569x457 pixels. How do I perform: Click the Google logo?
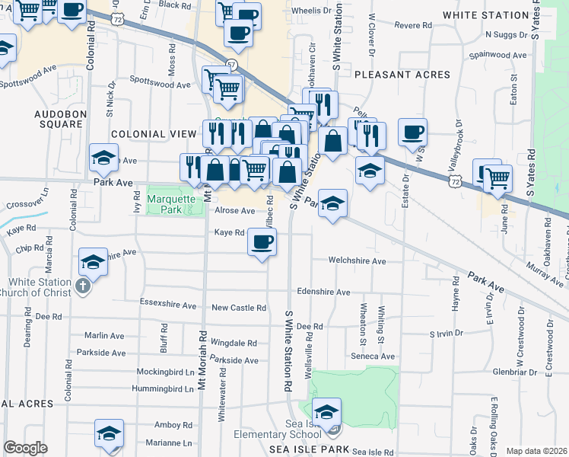tap(26, 448)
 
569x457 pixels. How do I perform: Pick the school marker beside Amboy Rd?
tap(109, 433)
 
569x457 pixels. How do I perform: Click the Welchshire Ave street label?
tap(357, 260)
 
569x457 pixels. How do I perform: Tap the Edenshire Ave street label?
tap(323, 292)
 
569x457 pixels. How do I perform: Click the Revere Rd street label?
tap(413, 25)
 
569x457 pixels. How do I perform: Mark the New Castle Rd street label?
tap(239, 308)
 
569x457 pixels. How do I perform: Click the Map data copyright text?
tap(536, 451)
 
